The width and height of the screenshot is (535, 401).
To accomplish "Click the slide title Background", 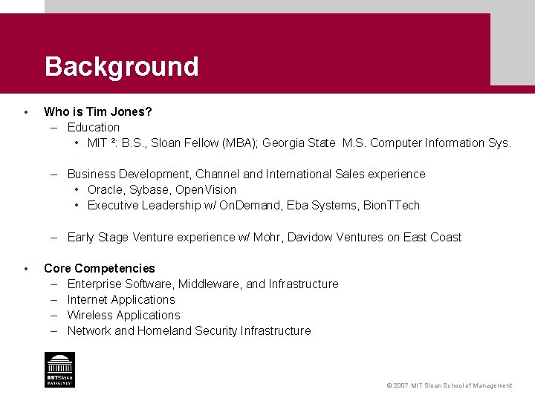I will tap(121, 67).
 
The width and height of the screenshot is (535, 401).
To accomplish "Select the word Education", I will tap(93, 127).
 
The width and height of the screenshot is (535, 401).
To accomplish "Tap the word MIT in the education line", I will tap(97, 143).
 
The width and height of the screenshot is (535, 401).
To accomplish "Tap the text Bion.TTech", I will tap(392, 205).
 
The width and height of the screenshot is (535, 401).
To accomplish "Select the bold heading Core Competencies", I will tap(100, 268).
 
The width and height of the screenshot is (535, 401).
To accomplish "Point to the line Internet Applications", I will tap(121, 299).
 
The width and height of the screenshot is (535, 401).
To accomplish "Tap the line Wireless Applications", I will tap(123, 315).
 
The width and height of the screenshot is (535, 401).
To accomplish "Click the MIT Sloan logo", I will tap(59, 369).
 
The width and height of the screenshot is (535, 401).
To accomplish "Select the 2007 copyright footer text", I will tap(449, 385).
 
